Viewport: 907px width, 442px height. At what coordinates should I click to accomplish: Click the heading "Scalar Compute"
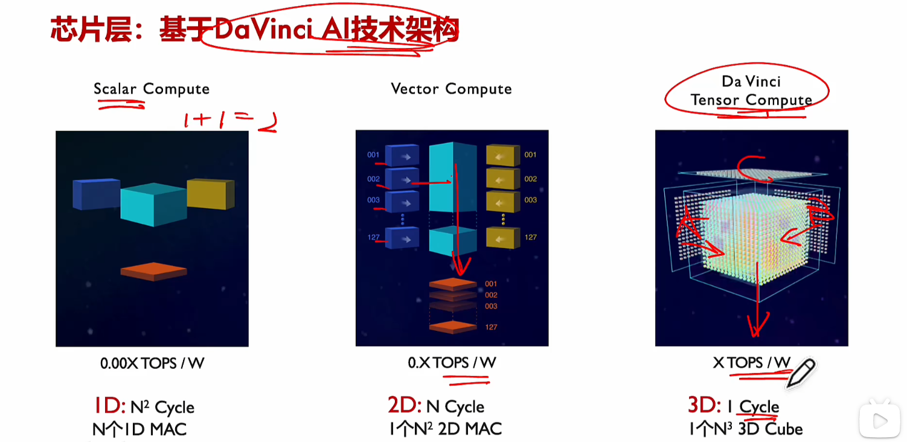click(x=152, y=89)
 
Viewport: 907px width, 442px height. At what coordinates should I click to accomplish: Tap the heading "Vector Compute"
click(x=451, y=89)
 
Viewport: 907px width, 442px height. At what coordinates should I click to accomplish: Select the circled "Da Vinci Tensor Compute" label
click(x=751, y=91)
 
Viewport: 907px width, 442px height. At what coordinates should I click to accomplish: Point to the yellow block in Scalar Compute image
click(x=210, y=194)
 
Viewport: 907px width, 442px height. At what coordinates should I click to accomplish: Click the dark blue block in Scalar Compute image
click(x=95, y=193)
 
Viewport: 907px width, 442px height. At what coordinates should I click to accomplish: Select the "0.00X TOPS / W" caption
click(x=152, y=364)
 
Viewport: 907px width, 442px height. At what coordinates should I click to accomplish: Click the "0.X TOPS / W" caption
click(x=451, y=363)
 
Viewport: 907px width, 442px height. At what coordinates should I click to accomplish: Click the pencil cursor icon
click(x=801, y=373)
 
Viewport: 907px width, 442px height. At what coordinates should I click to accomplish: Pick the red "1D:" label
click(x=109, y=406)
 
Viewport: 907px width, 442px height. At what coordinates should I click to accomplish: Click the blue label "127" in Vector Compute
click(x=373, y=237)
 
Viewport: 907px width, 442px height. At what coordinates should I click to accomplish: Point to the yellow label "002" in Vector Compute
click(x=530, y=179)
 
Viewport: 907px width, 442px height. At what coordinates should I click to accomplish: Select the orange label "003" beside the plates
click(x=490, y=306)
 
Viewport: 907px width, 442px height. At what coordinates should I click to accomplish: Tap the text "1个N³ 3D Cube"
click(x=746, y=429)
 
